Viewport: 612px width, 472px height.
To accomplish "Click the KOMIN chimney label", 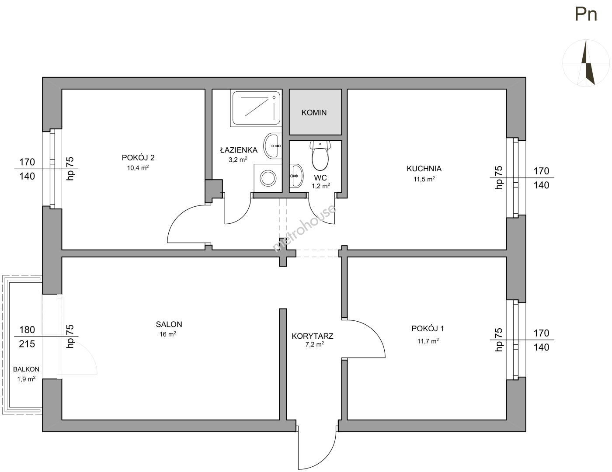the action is tap(314, 113).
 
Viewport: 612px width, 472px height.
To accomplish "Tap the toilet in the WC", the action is tap(320, 156).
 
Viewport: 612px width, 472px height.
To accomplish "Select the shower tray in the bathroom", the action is tap(256, 108).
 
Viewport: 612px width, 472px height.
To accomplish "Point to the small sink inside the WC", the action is tap(296, 176).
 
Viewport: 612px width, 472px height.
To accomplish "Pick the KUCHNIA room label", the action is tap(424, 169).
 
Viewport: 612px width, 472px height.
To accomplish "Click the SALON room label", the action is tap(169, 324).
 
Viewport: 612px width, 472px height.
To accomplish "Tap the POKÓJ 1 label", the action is tap(428, 329).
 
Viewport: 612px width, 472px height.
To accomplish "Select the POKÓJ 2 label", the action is tap(138, 158).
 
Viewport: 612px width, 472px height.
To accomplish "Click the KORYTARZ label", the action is tap(312, 336).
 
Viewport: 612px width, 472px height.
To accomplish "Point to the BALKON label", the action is tap(26, 369).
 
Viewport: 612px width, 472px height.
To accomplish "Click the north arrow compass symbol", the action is tap(587, 63).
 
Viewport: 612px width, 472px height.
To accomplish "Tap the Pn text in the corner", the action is tap(586, 14).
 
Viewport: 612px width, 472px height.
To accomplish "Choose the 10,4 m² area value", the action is tap(138, 168).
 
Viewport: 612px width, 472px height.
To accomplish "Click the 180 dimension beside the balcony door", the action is tap(27, 330).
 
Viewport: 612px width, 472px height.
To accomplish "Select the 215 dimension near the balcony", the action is tap(27, 344).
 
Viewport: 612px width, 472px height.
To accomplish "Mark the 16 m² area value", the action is tap(168, 334).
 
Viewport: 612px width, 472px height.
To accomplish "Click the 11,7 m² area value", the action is tap(428, 341).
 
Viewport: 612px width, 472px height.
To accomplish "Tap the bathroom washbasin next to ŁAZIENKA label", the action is tap(272, 146).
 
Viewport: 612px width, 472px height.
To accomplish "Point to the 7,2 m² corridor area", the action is tap(315, 344).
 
